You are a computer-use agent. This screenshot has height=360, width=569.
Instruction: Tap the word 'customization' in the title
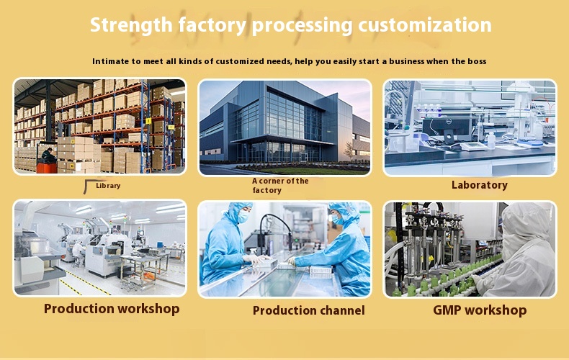click(426, 25)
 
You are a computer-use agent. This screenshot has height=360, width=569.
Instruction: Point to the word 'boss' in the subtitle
click(476, 61)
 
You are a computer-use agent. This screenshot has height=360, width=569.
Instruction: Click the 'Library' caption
click(108, 186)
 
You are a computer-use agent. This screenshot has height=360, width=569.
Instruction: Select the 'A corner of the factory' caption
click(280, 186)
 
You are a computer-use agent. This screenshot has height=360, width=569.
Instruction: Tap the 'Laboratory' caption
click(479, 185)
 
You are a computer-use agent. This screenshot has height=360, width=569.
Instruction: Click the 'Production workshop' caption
click(112, 309)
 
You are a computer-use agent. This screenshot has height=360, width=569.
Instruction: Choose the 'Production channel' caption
click(308, 310)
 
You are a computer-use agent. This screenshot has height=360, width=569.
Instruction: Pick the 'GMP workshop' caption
click(480, 310)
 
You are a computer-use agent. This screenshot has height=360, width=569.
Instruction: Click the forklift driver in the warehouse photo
click(48, 155)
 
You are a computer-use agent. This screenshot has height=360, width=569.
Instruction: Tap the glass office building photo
click(284, 126)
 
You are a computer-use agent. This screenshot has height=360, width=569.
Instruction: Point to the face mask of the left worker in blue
click(243, 215)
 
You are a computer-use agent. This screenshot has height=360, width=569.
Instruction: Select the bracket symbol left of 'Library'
click(89, 186)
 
